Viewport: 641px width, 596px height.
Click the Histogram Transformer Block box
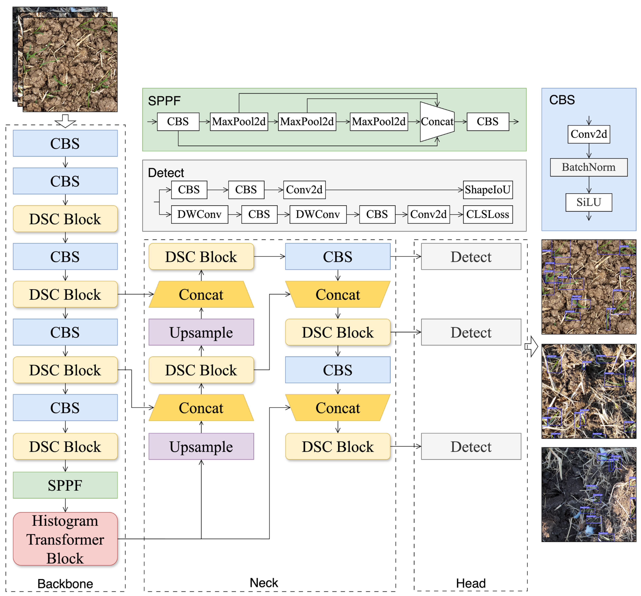[65, 539]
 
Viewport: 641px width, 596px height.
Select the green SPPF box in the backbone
[65, 485]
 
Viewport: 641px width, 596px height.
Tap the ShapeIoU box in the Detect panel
[488, 190]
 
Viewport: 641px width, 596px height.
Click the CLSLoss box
[488, 214]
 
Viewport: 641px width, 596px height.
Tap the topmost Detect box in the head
[471, 257]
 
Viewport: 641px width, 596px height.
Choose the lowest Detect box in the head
[471, 446]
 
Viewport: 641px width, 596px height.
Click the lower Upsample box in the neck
[201, 446]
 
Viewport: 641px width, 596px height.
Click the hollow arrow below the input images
[65, 121]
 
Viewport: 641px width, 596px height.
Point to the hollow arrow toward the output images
[531, 347]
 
